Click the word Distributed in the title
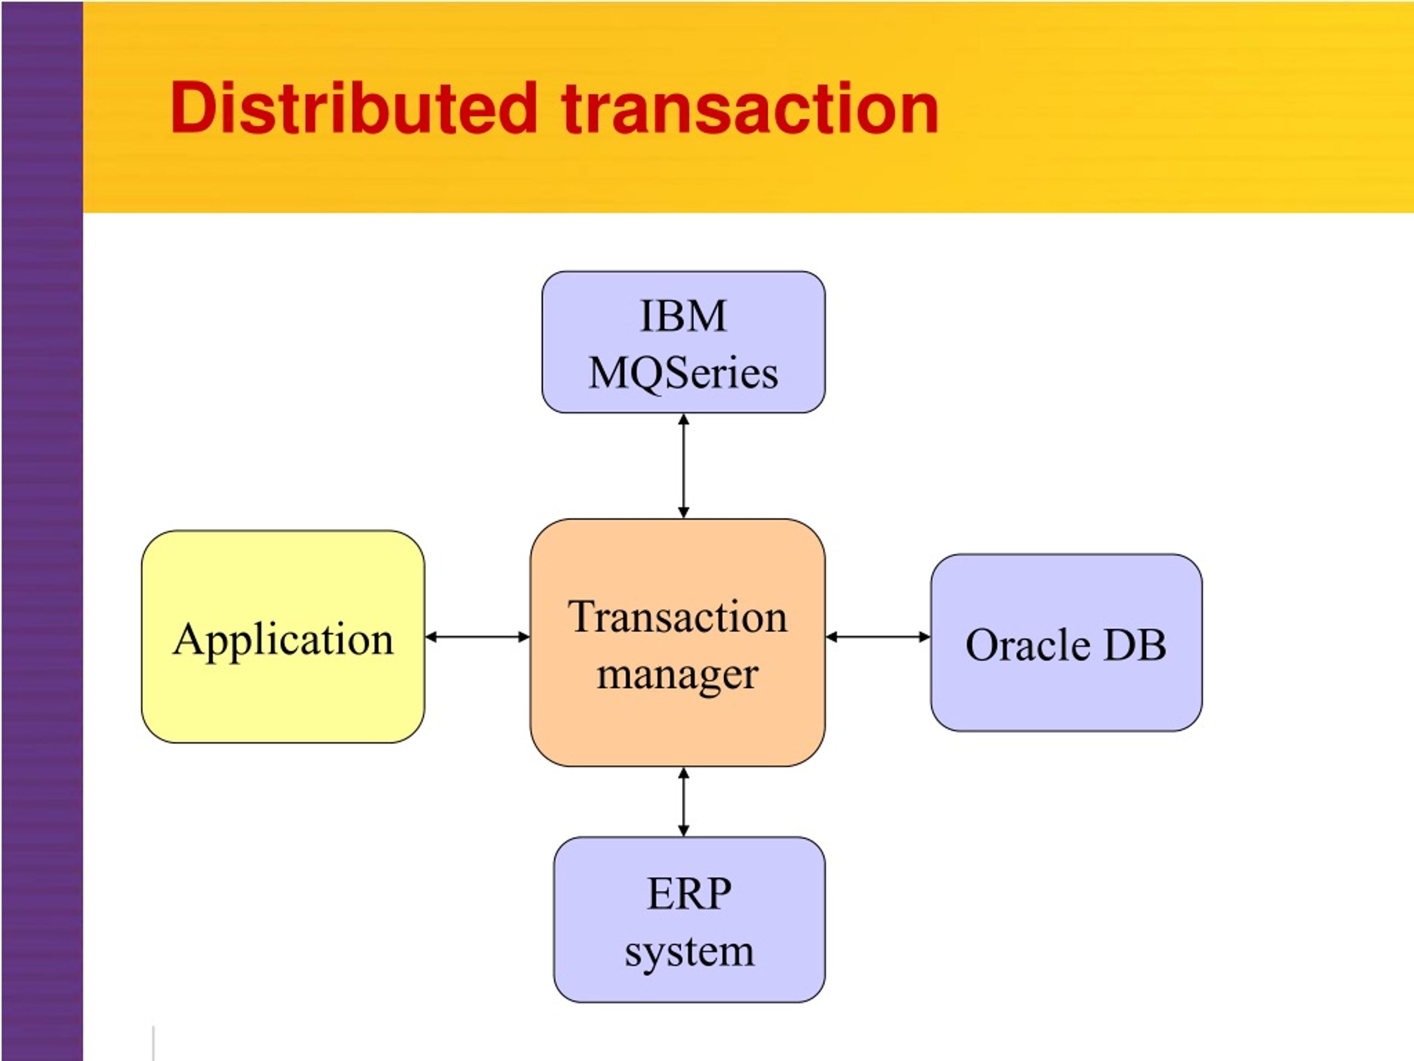pyautogui.click(x=353, y=109)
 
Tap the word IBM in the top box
pyautogui.click(x=683, y=316)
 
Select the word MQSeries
pyautogui.click(x=683, y=374)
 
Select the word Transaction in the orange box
pyautogui.click(x=678, y=618)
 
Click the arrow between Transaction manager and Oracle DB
pyautogui.click(x=878, y=637)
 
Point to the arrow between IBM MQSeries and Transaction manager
pyautogui.click(x=683, y=466)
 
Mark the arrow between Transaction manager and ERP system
pyautogui.click(x=683, y=802)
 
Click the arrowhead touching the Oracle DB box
pyautogui.click(x=924, y=637)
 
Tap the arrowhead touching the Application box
pyautogui.click(x=431, y=637)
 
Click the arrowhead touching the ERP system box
pyautogui.click(x=683, y=830)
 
